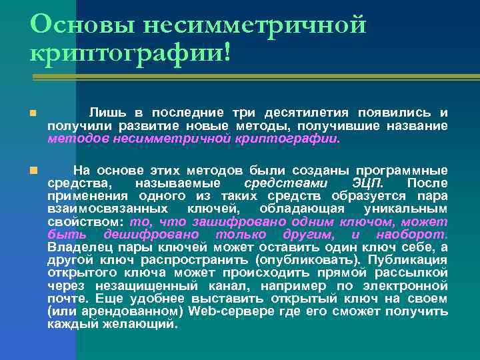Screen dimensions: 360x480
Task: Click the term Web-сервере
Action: click(x=221, y=312)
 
